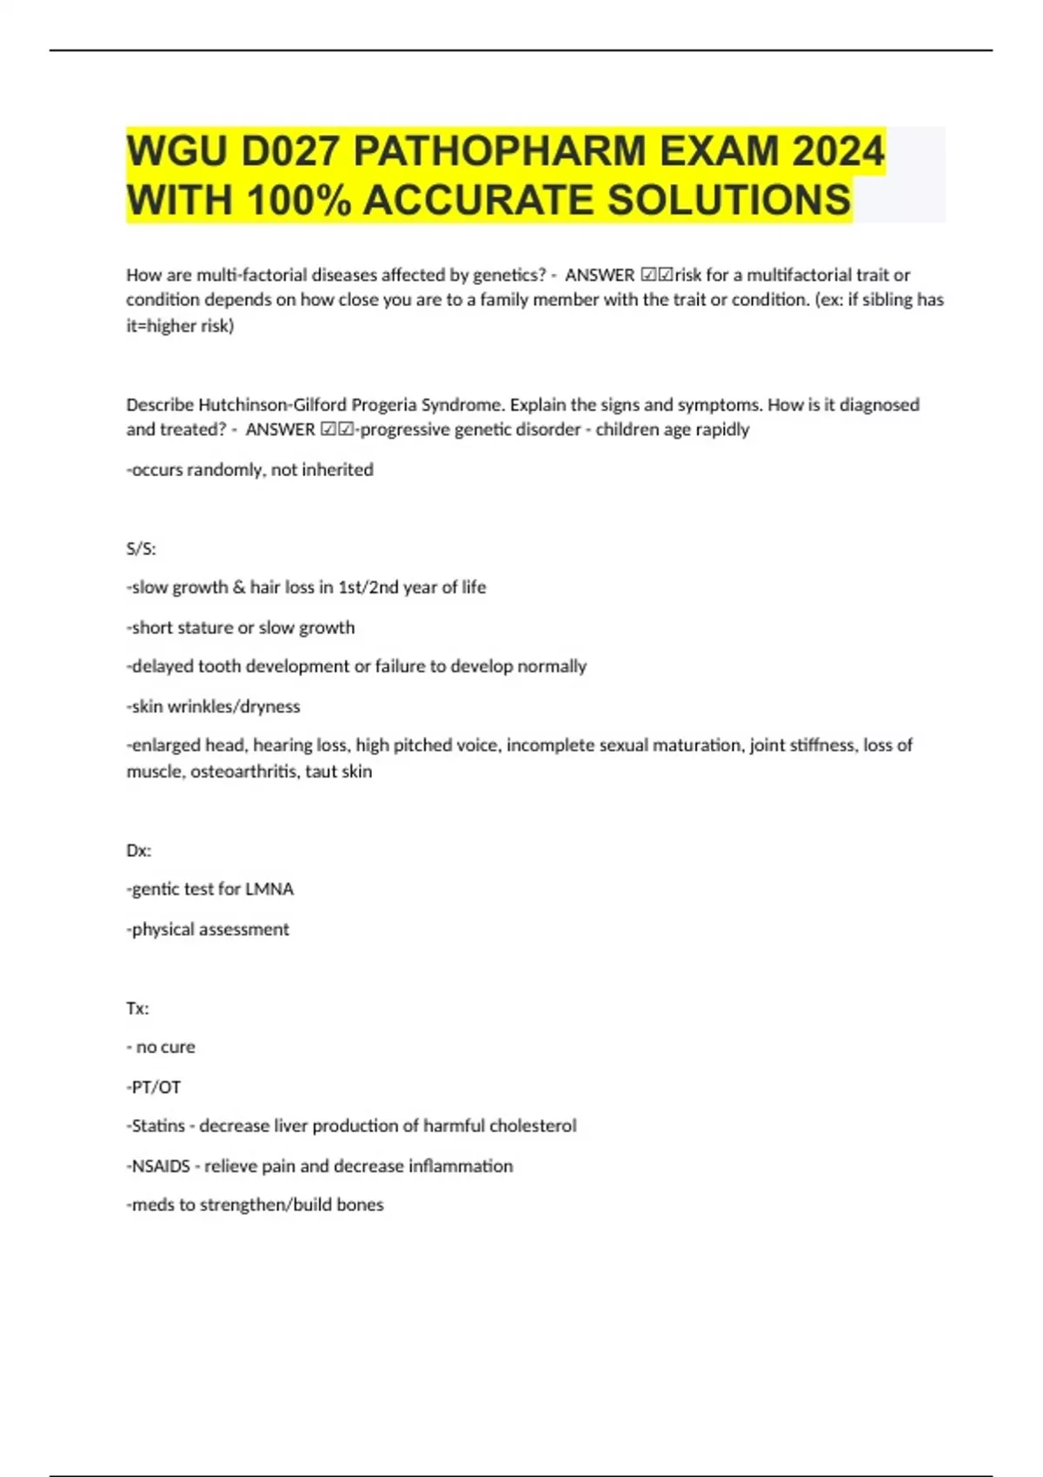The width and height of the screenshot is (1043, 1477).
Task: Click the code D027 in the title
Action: tap(291, 151)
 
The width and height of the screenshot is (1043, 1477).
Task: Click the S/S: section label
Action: tap(141, 549)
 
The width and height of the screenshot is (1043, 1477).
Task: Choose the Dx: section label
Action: tap(138, 851)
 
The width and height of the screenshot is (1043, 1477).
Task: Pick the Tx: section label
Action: tap(137, 1009)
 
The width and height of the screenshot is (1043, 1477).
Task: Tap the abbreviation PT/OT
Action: tap(156, 1087)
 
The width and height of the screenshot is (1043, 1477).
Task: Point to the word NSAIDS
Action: tap(160, 1166)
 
